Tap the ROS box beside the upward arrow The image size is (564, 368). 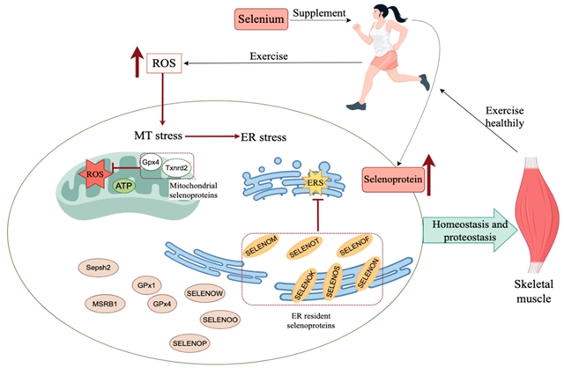click(164, 63)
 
